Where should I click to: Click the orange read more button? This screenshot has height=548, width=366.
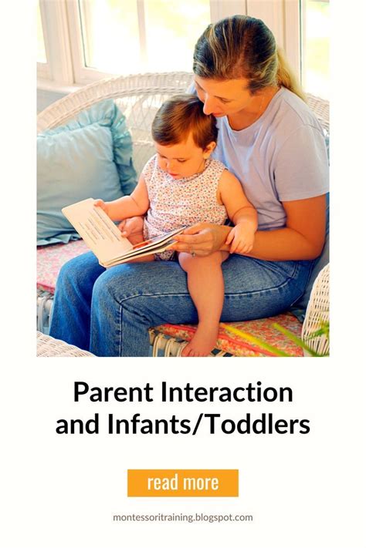[x=183, y=482]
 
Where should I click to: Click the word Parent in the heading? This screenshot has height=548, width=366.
[x=109, y=392]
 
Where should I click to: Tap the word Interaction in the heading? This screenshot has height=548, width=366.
[x=224, y=392]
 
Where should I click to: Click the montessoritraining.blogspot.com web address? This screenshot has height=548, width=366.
[x=183, y=517]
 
